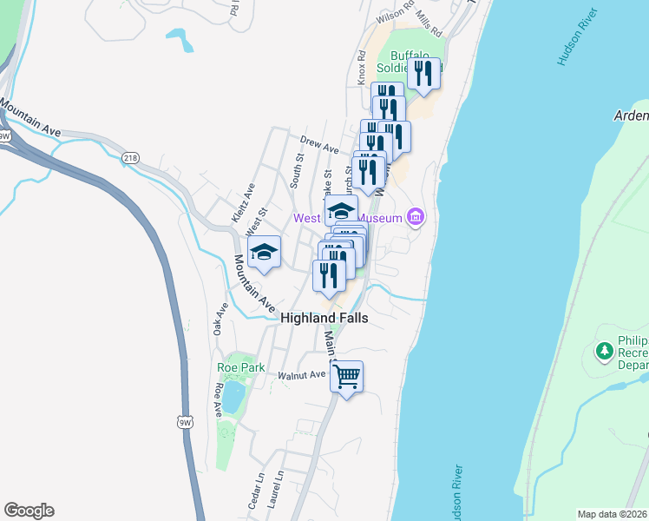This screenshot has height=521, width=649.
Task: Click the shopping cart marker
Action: pos(346,377)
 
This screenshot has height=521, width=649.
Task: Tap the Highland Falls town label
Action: pos(324,319)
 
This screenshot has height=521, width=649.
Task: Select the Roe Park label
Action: pos(239,367)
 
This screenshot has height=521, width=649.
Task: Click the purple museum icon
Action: pos(415,216)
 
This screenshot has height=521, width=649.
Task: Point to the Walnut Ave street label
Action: pos(301,375)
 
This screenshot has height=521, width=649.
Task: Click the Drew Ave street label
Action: pos(318,144)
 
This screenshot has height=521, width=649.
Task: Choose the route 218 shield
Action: pos(130,157)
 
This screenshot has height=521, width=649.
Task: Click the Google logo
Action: pos(29,511)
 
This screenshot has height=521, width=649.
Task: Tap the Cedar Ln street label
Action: pos(255,491)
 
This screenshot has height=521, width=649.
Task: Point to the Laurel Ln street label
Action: pos(277,489)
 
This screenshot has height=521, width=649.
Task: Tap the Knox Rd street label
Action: pos(360,67)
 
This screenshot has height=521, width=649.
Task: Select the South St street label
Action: pos(299,171)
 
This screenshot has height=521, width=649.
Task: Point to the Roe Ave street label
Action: pos(217,402)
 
